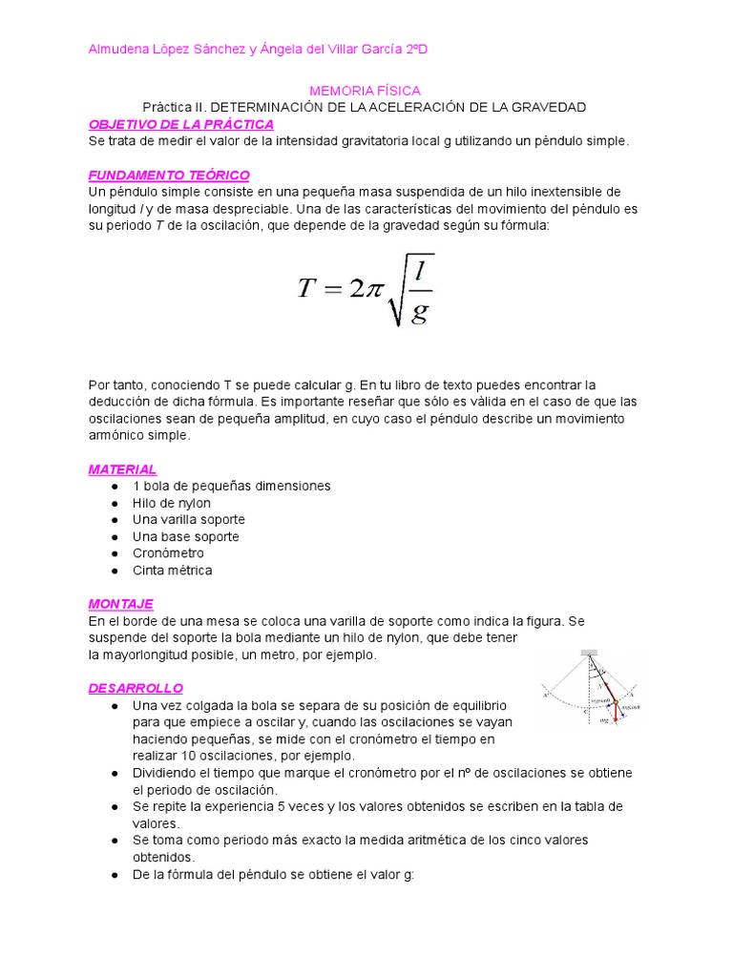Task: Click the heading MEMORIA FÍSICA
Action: pyautogui.click(x=365, y=90)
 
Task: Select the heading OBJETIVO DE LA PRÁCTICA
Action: pyautogui.click(x=180, y=124)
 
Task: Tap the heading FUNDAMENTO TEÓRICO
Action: pyautogui.click(x=169, y=176)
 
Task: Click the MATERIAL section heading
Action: pyautogui.click(x=122, y=469)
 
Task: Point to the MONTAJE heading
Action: pyautogui.click(x=120, y=604)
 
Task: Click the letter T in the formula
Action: pyautogui.click(x=306, y=289)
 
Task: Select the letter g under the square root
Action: pyautogui.click(x=418, y=313)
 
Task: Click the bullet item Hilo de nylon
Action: pyautogui.click(x=172, y=503)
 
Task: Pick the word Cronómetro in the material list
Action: pyautogui.click(x=168, y=553)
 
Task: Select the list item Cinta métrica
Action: pyautogui.click(x=172, y=571)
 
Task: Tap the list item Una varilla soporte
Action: pyautogui.click(x=189, y=520)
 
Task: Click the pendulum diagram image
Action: pyautogui.click(x=587, y=687)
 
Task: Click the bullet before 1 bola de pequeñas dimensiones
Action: pyautogui.click(x=114, y=487)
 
